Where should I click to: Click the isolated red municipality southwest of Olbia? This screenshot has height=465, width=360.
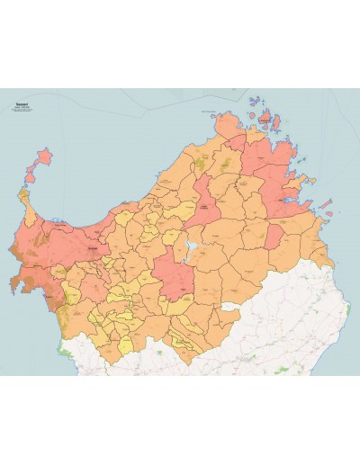point(274,236)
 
